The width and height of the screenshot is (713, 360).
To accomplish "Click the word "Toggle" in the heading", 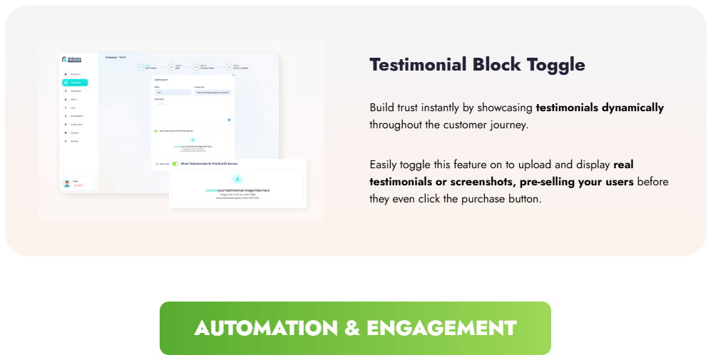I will point(556,65).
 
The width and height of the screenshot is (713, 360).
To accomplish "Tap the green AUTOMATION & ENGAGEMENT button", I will point(355,328).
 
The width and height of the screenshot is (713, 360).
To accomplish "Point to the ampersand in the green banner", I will point(352,328).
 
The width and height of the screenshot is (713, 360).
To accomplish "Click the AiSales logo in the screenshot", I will point(75,60).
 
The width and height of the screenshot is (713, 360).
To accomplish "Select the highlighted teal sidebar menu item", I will point(75,83).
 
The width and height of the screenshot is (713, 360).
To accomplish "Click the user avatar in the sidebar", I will point(67,183).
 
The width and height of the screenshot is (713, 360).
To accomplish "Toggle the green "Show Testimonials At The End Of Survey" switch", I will point(175,164).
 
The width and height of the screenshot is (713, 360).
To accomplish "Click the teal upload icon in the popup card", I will point(237,179).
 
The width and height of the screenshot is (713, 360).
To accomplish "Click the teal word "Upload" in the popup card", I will point(211,190).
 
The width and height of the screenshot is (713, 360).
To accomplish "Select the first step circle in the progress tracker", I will point(140,67).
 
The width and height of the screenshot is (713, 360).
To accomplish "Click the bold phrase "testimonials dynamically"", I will point(600,108).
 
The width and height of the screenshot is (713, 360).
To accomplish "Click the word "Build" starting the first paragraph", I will point(381,108).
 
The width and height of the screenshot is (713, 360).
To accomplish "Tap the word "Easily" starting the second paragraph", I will point(384,165).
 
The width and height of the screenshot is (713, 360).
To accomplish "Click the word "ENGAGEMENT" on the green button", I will point(441,328).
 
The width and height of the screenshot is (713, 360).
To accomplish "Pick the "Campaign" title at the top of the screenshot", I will point(111,57).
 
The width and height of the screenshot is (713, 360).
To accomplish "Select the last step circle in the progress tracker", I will point(226,67).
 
